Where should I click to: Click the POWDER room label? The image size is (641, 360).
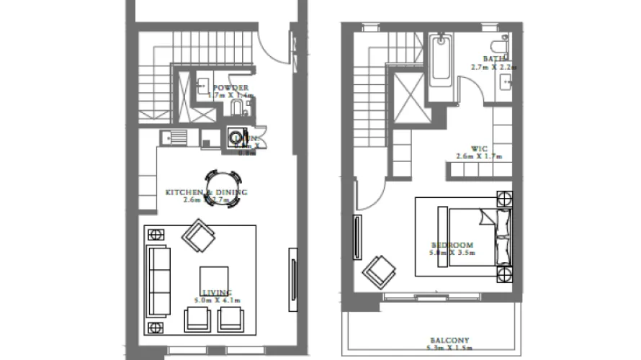coord(230,87)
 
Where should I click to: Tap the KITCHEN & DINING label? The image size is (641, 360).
coord(206,192)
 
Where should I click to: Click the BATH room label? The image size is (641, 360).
coord(494,59)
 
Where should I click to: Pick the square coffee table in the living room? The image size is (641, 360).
coord(214,279)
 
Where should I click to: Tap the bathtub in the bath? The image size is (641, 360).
coord(441,68)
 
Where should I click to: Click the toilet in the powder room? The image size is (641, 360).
coord(236,108)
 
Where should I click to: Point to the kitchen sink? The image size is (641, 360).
coord(173,135)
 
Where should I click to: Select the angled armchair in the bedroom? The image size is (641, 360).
coord(380,273)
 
